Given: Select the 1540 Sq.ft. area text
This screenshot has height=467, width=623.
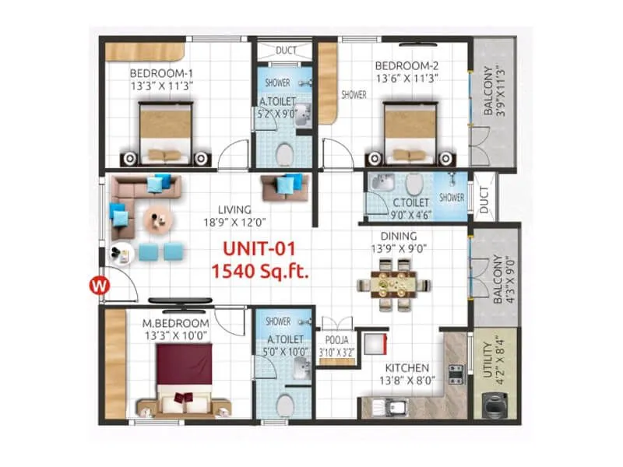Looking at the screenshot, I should click(260, 272).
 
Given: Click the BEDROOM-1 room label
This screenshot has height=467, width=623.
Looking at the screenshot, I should click(161, 74).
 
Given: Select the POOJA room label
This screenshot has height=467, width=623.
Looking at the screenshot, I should click(336, 340).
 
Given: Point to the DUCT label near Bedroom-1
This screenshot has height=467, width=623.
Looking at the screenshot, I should click(286, 51).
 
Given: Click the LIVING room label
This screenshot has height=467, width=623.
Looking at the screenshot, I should click(234, 209).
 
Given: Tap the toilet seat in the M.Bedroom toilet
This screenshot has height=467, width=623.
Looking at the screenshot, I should click(286, 404).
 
